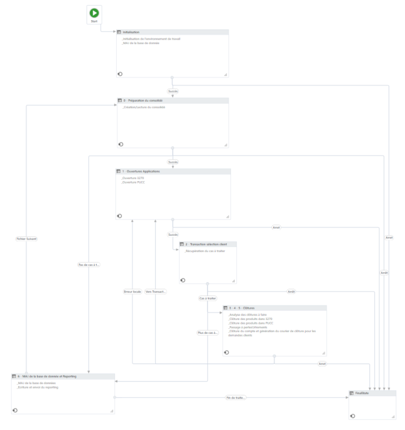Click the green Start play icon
pos(94,13)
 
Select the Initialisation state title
pos(131,31)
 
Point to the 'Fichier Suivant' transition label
pos(26,238)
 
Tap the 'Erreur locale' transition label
pos(132,291)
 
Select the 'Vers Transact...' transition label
pos(155,291)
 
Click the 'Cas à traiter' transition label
pos(207,298)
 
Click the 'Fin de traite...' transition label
pos(236,398)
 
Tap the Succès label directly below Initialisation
pos(173,91)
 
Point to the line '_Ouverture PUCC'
pos(132,182)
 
